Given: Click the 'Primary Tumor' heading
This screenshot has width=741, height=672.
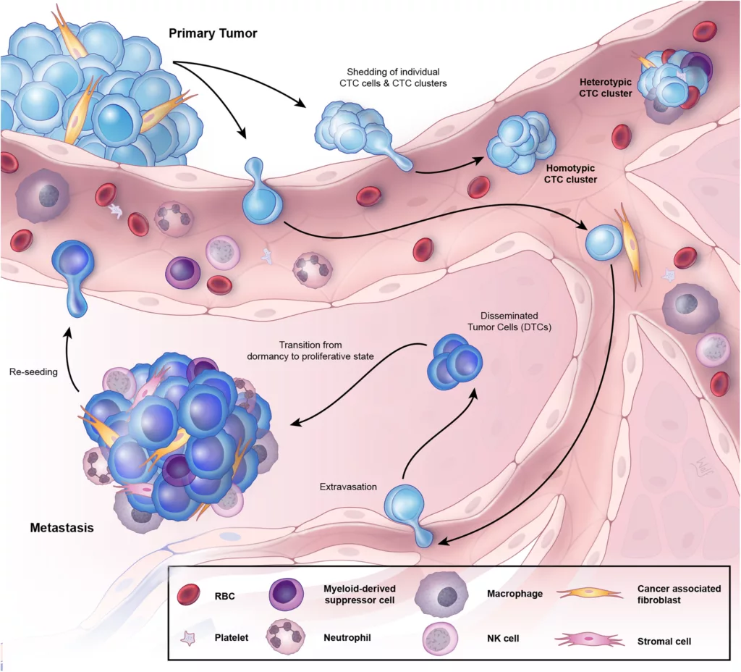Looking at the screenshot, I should pos(213,33).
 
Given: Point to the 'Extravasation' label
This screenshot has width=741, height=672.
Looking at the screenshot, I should pos(348,487).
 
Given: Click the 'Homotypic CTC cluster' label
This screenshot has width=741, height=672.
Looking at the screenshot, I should pos(570,173).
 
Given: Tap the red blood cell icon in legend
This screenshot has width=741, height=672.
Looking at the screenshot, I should pos(190,596).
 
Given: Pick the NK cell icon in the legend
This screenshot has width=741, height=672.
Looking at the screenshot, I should pos(441,639).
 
